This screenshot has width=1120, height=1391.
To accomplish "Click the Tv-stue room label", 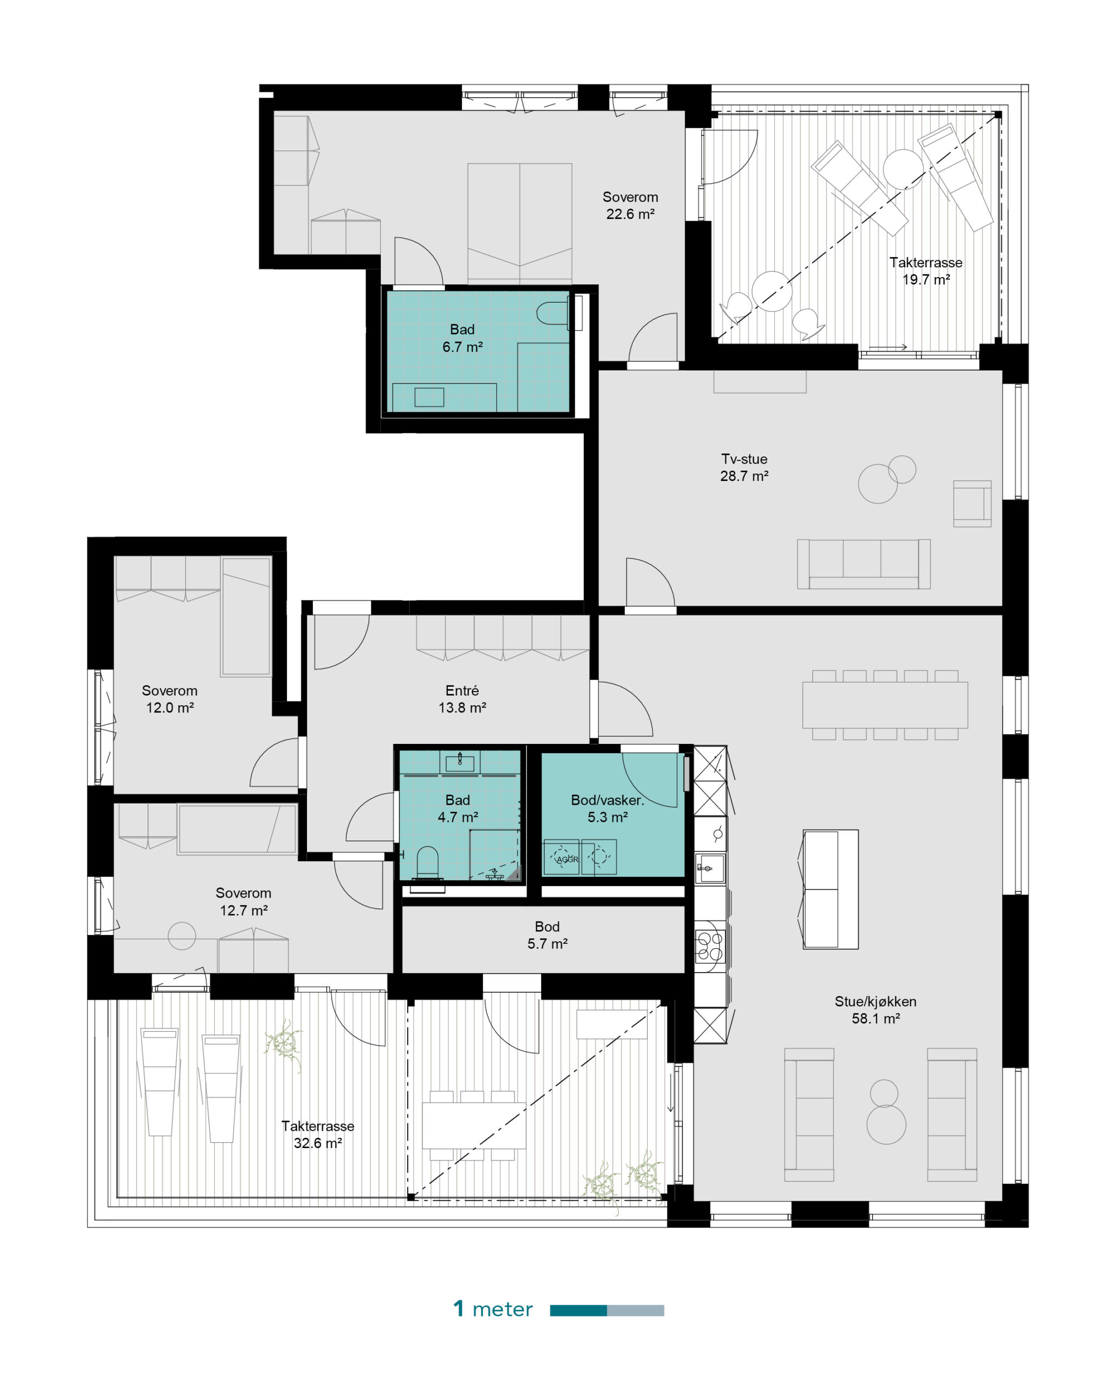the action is point(744,459).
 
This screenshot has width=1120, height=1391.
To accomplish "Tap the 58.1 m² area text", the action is point(875,1018).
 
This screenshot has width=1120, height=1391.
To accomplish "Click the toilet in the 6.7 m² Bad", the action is point(553,313).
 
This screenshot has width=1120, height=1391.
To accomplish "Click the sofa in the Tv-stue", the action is point(863,564).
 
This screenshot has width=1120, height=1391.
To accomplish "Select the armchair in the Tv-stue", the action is point(972,503).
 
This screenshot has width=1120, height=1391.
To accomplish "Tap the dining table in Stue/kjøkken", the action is point(885,705).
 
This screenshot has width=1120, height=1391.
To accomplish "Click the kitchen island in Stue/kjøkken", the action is point(830,889).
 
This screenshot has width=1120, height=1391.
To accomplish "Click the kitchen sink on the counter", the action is point(710,868).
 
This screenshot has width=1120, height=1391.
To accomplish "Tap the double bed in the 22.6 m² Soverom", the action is point(520,223).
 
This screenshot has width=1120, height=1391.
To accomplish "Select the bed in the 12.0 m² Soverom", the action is point(246,617).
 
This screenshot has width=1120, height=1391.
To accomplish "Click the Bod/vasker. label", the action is point(607,800).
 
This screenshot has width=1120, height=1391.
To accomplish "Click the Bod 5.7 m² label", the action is point(547,935).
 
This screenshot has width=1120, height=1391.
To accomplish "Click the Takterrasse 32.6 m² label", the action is point(317,1134).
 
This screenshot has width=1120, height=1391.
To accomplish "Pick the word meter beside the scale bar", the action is point(503,1309).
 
